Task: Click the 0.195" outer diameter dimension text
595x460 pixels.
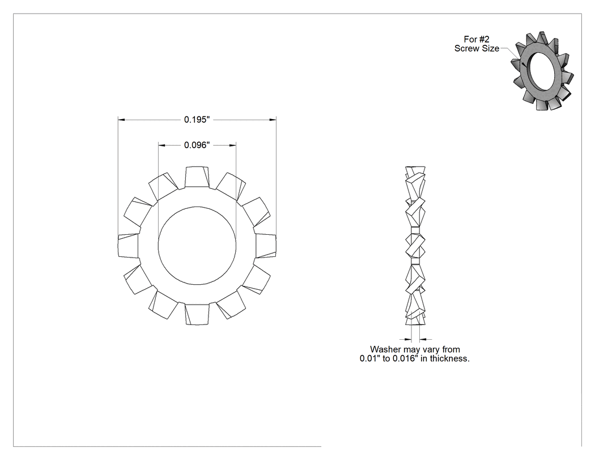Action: click(x=197, y=120)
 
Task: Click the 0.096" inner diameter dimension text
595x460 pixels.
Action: click(x=197, y=145)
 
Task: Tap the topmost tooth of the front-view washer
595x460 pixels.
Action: click(x=197, y=177)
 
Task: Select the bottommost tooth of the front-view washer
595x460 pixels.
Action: click(x=197, y=314)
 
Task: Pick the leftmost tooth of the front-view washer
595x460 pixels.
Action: click(x=128, y=246)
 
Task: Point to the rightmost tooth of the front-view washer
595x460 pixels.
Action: click(x=266, y=246)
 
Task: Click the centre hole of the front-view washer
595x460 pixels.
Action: click(x=197, y=246)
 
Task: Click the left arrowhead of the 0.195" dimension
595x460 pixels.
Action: click(x=121, y=120)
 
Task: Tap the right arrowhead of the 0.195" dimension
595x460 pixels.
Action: click(x=273, y=120)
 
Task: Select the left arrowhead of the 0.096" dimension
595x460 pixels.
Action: click(x=162, y=145)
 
